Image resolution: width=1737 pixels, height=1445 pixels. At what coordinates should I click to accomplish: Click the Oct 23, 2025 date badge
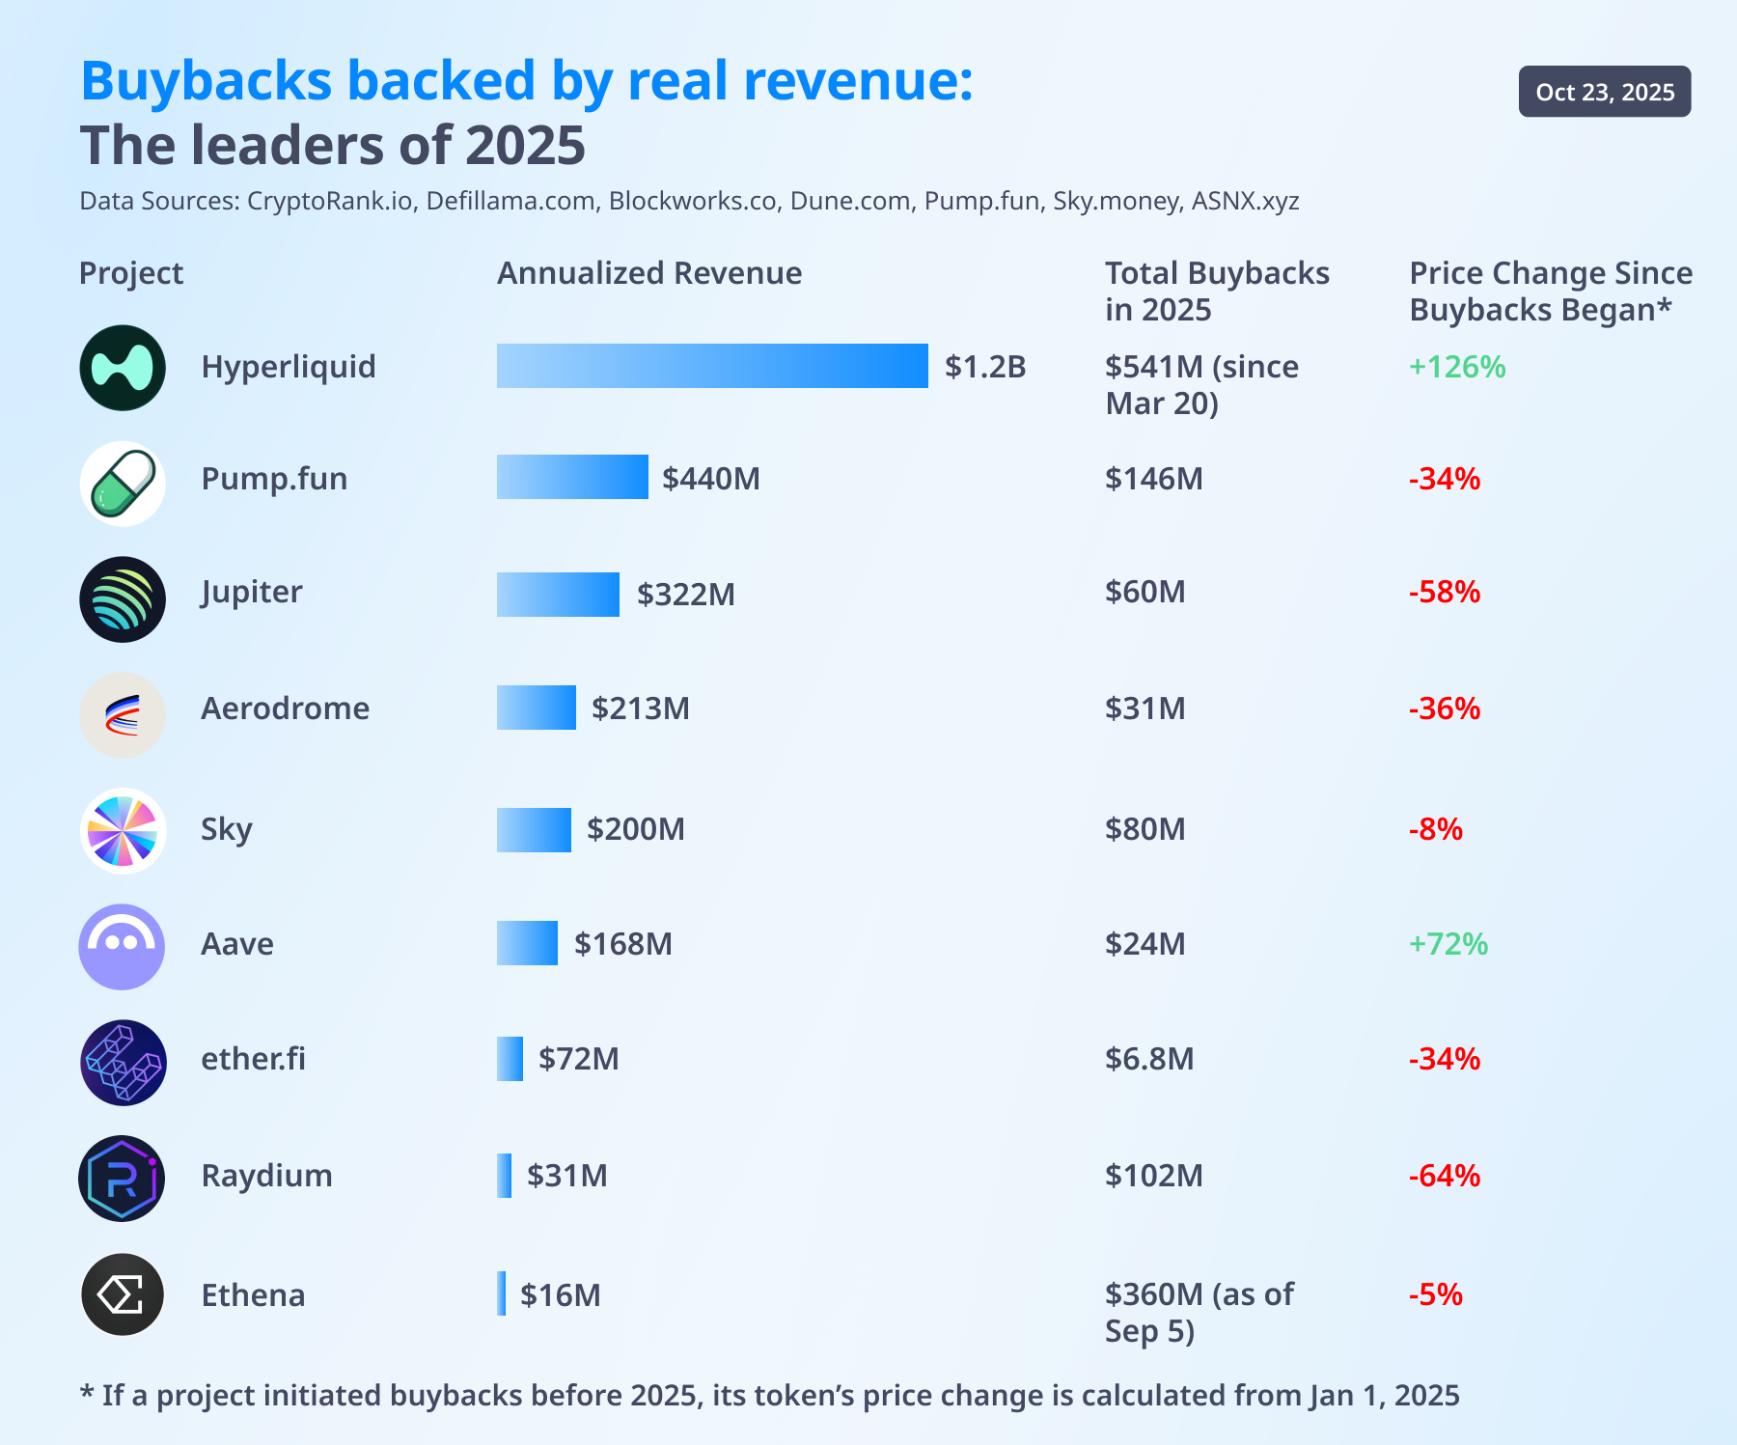coord(1604,92)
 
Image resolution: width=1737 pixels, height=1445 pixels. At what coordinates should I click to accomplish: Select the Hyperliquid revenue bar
coord(712,366)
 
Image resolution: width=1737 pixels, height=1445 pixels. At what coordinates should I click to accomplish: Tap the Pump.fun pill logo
coord(123,483)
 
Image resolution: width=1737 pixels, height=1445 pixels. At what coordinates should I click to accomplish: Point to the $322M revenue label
coord(685,595)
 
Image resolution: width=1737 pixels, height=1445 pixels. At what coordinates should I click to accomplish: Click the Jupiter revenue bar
coord(558,595)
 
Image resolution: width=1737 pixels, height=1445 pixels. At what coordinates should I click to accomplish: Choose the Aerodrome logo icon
coord(123,715)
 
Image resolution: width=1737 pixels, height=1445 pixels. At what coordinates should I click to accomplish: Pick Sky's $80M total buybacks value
coord(1144,829)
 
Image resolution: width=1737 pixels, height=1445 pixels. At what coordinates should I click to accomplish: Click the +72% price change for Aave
coord(1448,944)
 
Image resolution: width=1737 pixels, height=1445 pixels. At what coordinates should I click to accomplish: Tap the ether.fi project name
coord(253,1059)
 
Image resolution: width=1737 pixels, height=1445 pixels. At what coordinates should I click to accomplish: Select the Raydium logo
coord(123,1179)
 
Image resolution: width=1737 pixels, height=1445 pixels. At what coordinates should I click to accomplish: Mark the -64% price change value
coord(1445,1176)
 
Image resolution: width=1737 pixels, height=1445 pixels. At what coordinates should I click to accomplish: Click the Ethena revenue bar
coord(502,1293)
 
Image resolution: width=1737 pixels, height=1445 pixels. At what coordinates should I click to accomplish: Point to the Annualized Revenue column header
coord(649,273)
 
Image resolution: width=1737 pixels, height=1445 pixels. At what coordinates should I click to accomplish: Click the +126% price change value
coord(1457,367)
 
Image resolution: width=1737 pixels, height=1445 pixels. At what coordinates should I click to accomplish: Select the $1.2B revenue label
coord(985,367)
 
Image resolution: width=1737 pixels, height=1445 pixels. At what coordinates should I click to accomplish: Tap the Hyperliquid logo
coord(123,368)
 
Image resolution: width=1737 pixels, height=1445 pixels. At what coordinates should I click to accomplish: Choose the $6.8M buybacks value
coord(1149,1059)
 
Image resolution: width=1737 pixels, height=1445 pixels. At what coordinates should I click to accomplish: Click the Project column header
coord(131,273)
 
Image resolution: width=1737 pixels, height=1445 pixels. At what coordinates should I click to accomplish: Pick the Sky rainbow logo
coord(123,831)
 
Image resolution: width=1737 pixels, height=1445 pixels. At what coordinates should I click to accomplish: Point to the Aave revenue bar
coord(527,943)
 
